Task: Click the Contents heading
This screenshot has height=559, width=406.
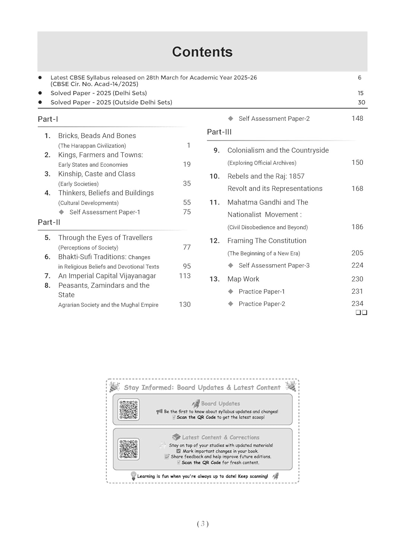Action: [202, 52]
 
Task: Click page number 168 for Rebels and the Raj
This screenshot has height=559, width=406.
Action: [357, 189]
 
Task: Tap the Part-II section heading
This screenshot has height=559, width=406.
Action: [49, 222]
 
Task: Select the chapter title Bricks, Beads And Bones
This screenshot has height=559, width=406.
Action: [97, 136]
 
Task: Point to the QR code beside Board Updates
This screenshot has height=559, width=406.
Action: [129, 410]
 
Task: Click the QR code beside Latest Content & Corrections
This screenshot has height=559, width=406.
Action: [129, 449]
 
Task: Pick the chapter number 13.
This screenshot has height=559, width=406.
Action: [214, 279]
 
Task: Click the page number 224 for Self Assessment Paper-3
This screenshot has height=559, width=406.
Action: [357, 265]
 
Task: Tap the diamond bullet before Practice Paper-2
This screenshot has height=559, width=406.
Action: [231, 304]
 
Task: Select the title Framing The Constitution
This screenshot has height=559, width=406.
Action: [267, 241]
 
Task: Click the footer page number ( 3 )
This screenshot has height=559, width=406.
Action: [203, 524]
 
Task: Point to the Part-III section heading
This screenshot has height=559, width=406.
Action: [219, 132]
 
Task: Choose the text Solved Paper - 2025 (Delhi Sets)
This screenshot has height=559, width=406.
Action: [99, 93]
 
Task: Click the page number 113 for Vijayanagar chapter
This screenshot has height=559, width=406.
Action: [185, 276]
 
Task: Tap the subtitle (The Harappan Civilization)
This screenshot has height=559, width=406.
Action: [92, 146]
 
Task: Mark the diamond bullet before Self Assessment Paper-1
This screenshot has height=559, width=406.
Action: [61, 212]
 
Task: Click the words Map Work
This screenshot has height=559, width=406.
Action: [243, 279]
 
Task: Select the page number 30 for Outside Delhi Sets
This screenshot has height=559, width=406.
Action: [361, 102]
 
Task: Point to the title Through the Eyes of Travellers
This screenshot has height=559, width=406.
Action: [105, 238]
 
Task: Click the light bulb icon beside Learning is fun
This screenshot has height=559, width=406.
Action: [133, 476]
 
